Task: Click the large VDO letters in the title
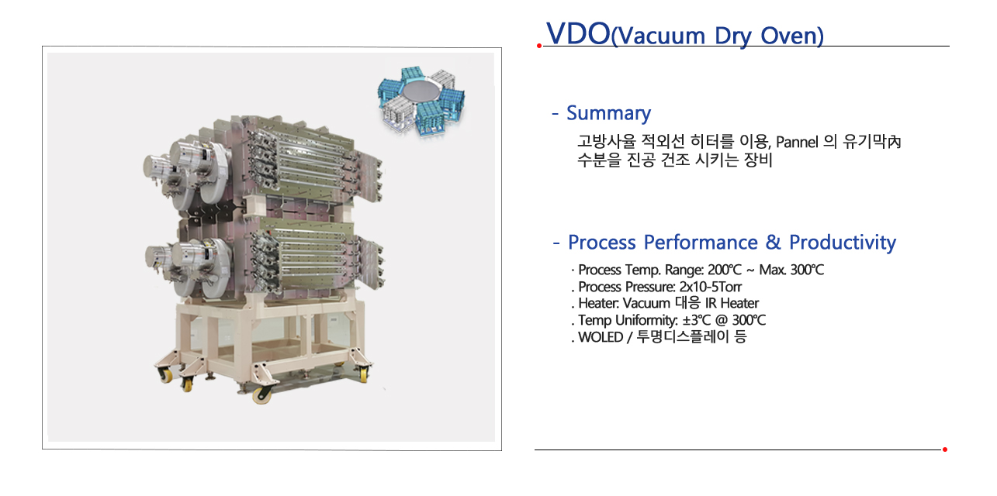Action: click(x=578, y=33)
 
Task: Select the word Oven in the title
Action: click(x=791, y=36)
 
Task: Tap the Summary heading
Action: click(x=608, y=113)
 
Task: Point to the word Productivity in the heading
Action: click(x=843, y=243)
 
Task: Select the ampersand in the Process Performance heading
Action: click(x=773, y=243)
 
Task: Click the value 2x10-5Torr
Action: click(x=711, y=287)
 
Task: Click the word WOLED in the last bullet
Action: click(x=601, y=337)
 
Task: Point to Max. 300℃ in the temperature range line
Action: click(x=791, y=270)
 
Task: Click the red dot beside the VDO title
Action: click(x=539, y=46)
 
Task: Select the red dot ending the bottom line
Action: click(x=944, y=449)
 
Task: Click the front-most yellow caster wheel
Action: click(x=261, y=395)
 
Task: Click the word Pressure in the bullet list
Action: click(x=649, y=287)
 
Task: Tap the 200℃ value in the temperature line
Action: click(x=725, y=270)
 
